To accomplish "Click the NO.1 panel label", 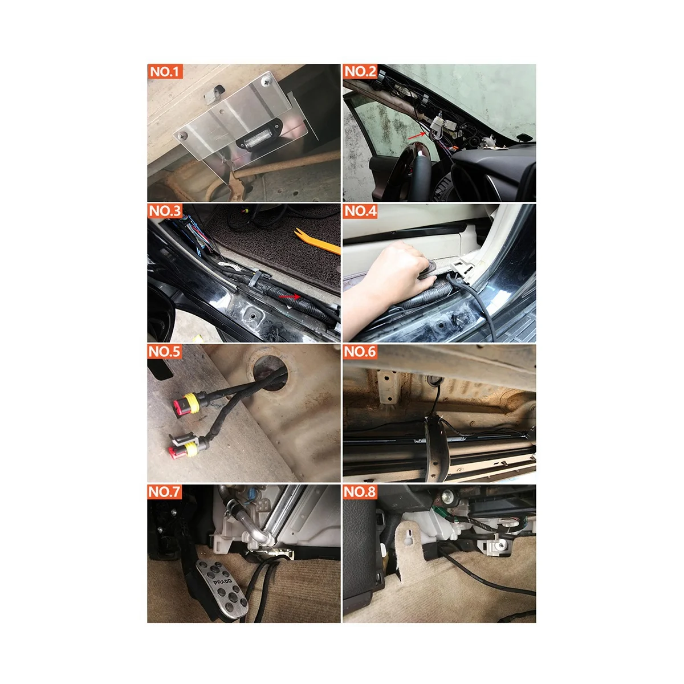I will pyautogui.click(x=165, y=72).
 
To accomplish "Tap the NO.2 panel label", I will pyautogui.click(x=360, y=72).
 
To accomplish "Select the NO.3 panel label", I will pyautogui.click(x=165, y=211).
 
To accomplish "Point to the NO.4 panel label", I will pyautogui.click(x=360, y=211).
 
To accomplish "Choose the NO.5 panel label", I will pyautogui.click(x=165, y=352).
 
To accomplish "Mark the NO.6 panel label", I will pyautogui.click(x=360, y=352).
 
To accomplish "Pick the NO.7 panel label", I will pyautogui.click(x=165, y=492).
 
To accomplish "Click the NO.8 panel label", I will pyautogui.click(x=360, y=492).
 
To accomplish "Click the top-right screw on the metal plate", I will pyautogui.click(x=267, y=82).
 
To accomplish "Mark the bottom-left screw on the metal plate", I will pyautogui.click(x=182, y=136).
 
